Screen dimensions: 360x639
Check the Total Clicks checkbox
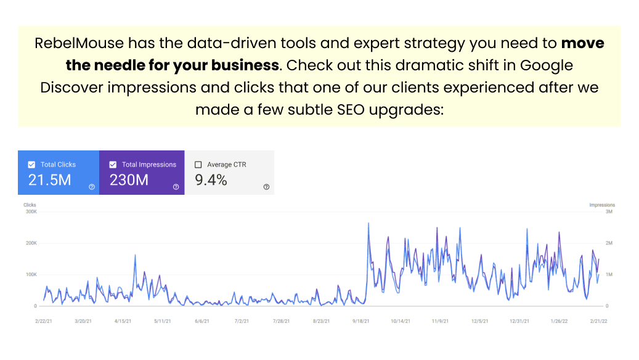31,165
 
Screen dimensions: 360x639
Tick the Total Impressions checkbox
113,165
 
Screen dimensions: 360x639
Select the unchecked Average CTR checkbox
198,165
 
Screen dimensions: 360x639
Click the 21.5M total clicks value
50,180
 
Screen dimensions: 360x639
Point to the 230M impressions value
129,180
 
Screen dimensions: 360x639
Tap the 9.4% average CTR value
211,180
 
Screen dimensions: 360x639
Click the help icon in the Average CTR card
266,187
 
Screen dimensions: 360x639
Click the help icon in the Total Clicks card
92,187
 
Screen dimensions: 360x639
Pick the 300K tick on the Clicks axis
31,212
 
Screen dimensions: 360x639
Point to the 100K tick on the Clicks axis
31,274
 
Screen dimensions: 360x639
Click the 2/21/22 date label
598,321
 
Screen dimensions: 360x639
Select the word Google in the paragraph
546,65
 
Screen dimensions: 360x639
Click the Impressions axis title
602,205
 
